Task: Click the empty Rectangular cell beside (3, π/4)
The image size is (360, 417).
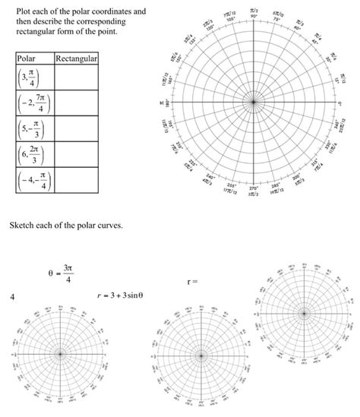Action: point(76,77)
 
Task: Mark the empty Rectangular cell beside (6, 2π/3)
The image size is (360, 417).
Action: point(76,154)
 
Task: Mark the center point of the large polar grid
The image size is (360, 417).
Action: point(254,101)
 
